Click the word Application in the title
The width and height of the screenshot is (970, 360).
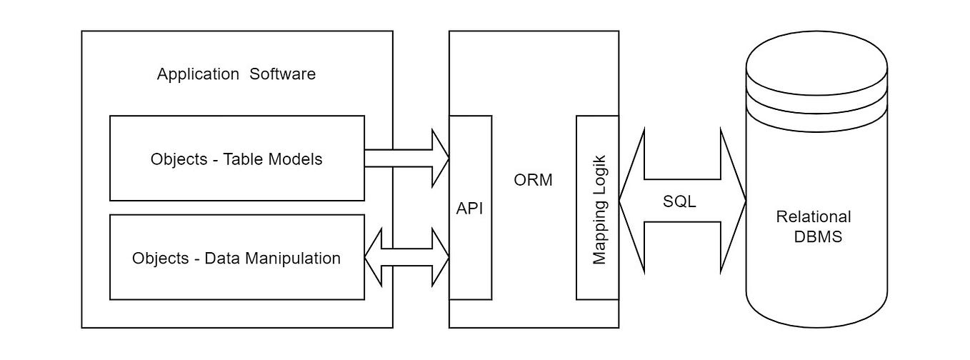tap(198, 74)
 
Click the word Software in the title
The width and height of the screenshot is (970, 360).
tap(282, 74)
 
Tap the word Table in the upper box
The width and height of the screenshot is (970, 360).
tap(244, 159)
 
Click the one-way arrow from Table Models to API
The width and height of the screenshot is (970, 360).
tap(407, 159)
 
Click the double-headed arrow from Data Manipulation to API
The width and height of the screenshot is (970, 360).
tap(407, 257)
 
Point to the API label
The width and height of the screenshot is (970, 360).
tap(470, 208)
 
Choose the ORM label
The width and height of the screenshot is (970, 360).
tap(533, 180)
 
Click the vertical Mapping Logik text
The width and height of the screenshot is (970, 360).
tap(599, 208)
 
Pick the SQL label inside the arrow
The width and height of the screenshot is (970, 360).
tap(679, 201)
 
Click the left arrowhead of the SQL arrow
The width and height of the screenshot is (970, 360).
tap(632, 201)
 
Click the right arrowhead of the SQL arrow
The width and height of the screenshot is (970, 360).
tap(733, 201)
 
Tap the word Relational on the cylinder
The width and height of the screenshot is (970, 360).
tap(814, 217)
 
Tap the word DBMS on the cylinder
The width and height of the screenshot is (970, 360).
tap(818, 236)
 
